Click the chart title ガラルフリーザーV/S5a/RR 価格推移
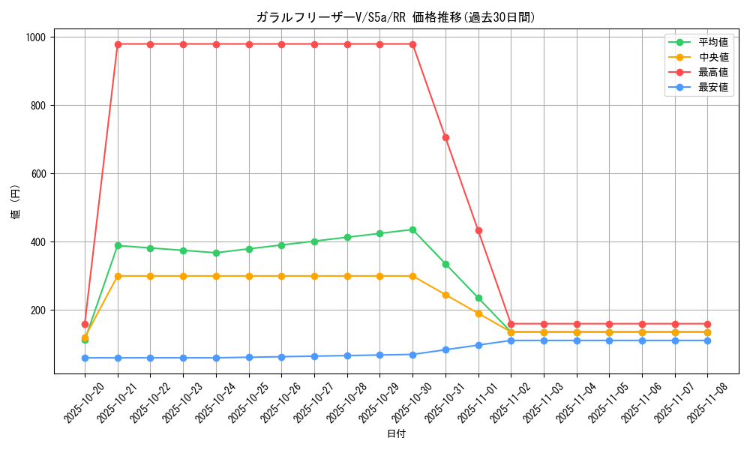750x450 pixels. pyautogui.click(x=395, y=17)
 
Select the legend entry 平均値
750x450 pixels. pyautogui.click(x=712, y=42)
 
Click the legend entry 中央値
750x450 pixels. pyautogui.click(x=712, y=57)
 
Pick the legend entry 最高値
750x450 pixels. pyautogui.click(x=712, y=72)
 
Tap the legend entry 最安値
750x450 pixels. pyautogui.click(x=712, y=87)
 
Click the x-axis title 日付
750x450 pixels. pyautogui.click(x=396, y=434)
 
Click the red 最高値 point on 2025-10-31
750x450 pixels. pyautogui.click(x=445, y=137)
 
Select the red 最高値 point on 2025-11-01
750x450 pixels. pyautogui.click(x=478, y=230)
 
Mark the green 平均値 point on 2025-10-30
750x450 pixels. pyautogui.click(x=412, y=229)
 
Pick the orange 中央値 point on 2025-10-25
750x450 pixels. pyautogui.click(x=249, y=276)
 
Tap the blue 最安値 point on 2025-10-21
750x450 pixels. pyautogui.click(x=118, y=358)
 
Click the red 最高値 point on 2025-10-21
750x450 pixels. pyautogui.click(x=118, y=44)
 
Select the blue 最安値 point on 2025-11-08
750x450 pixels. pyautogui.click(x=707, y=340)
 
